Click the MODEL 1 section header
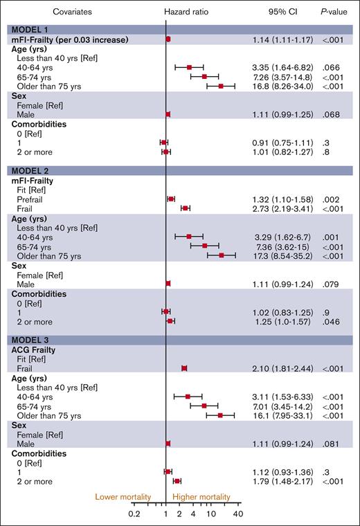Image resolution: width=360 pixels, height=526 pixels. coord(28,29)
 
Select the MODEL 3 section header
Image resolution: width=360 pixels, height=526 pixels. coord(28,339)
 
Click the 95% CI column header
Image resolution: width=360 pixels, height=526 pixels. coord(282,12)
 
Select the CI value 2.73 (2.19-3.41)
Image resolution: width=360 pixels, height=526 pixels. coord(282,208)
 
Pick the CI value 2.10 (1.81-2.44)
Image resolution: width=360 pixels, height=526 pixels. coord(282,368)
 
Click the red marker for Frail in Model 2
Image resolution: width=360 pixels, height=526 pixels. coord(185,208)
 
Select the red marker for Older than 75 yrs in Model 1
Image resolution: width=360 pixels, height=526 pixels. coord(221,86)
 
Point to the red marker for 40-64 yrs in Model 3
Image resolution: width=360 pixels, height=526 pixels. coord(188,397)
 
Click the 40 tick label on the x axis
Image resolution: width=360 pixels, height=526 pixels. coord(238,514)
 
